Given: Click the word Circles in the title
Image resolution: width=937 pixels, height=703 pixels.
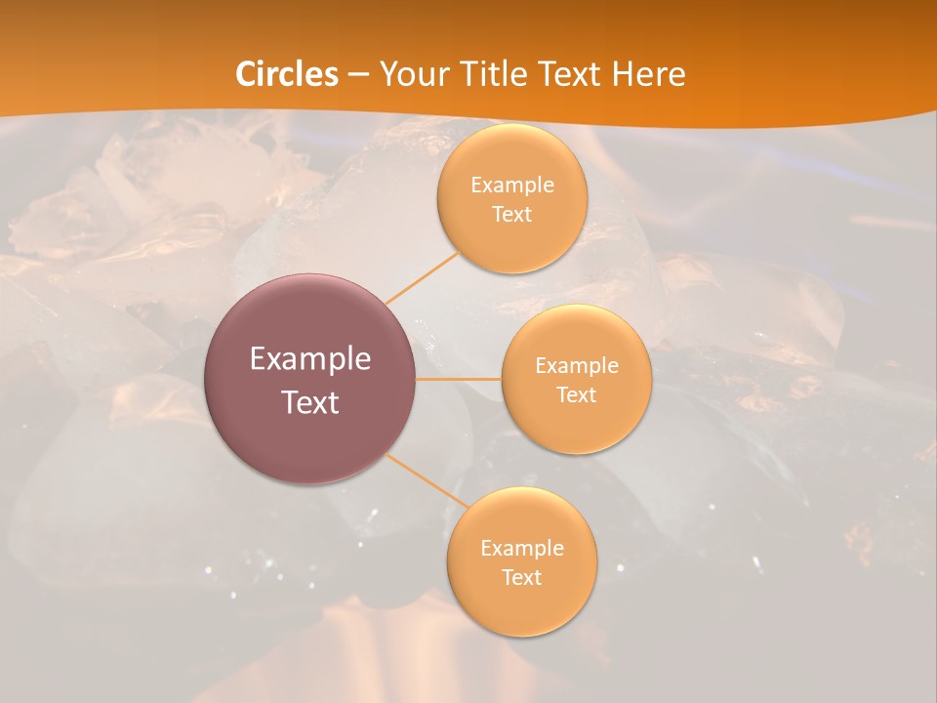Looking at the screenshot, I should pyautogui.click(x=287, y=74).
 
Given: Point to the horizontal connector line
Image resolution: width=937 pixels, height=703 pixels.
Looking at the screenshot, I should pyautogui.click(x=458, y=379).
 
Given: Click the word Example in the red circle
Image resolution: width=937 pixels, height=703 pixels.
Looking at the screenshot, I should pyautogui.click(x=310, y=359).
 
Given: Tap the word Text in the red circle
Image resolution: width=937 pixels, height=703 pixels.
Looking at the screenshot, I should pyautogui.click(x=310, y=401).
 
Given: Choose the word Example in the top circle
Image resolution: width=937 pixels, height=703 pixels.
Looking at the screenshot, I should pyautogui.click(x=511, y=185).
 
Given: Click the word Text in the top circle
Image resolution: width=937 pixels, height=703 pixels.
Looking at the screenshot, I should pyautogui.click(x=511, y=214).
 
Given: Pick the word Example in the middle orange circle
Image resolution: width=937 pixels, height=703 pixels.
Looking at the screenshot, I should pyautogui.click(x=576, y=365).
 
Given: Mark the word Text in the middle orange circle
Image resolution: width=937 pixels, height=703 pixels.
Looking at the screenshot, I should pyautogui.click(x=576, y=394).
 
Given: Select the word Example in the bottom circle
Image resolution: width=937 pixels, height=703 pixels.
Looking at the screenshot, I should pyautogui.click(x=521, y=548).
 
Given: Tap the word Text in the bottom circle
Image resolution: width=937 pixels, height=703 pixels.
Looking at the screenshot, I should pyautogui.click(x=521, y=577).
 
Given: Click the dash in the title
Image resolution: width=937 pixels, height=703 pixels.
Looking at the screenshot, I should pyautogui.click(x=357, y=74).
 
